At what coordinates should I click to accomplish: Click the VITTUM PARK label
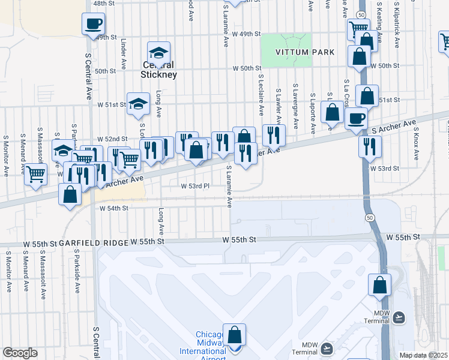click(x=304, y=53)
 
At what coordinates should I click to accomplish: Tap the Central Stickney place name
click(x=158, y=70)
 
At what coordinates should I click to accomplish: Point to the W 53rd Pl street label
click(x=195, y=186)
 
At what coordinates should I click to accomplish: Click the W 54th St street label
click(x=113, y=208)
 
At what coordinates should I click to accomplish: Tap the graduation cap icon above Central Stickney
click(x=158, y=52)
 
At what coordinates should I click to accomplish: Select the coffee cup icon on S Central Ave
click(x=93, y=24)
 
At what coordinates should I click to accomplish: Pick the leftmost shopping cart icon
click(x=35, y=174)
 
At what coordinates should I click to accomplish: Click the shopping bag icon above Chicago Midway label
click(x=234, y=334)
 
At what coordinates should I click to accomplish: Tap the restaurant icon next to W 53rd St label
click(x=370, y=146)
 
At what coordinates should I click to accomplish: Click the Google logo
click(x=20, y=353)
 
